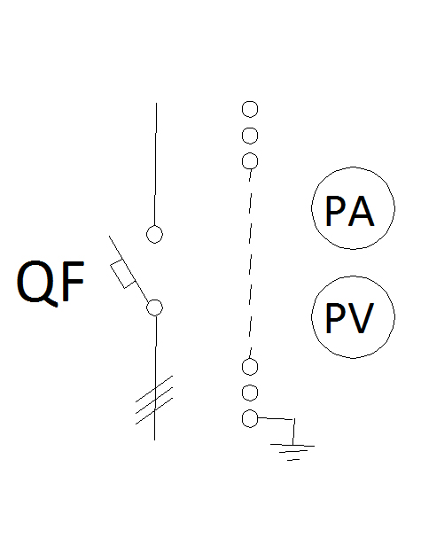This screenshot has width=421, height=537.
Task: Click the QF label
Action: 51,282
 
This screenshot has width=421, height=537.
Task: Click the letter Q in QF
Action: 34,283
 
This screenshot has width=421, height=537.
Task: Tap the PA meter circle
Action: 353,167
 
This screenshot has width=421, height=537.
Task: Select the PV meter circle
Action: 353,276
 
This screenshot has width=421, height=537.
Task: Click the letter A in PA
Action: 361,211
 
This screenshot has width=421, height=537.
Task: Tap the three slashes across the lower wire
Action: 154,400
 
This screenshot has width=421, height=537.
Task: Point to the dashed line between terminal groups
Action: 251,264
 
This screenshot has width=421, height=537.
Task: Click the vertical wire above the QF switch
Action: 155,165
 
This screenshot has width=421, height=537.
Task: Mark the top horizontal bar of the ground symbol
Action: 292,445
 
